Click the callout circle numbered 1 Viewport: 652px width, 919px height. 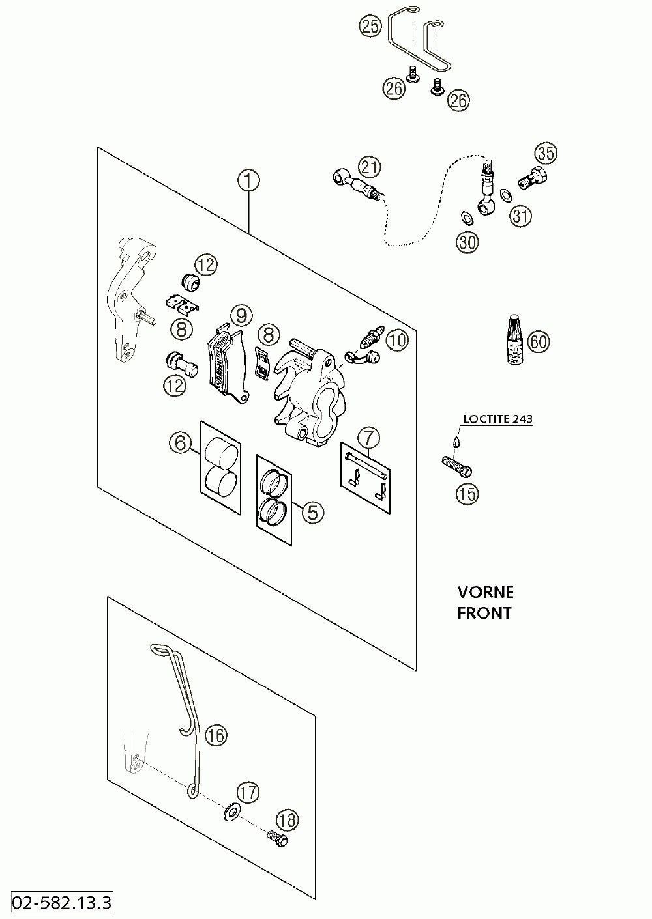pyautogui.click(x=249, y=181)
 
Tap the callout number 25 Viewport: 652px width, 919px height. pyautogui.click(x=370, y=26)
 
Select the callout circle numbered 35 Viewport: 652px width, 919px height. pyautogui.click(x=546, y=153)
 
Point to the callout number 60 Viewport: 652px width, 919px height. pyautogui.click(x=539, y=341)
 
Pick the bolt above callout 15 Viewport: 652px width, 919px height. pyautogui.click(x=457, y=467)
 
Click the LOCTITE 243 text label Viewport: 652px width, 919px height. pyautogui.click(x=498, y=419)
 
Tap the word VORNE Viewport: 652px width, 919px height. pyautogui.click(x=486, y=593)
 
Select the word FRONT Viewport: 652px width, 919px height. pyautogui.click(x=484, y=614)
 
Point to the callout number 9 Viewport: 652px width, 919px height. pyautogui.click(x=241, y=315)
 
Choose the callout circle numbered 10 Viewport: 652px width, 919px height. pyautogui.click(x=398, y=340)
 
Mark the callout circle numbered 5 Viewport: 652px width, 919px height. pyautogui.click(x=313, y=512)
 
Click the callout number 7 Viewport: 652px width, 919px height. pyautogui.click(x=368, y=438)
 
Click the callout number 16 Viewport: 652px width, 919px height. pyautogui.click(x=216, y=735)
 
